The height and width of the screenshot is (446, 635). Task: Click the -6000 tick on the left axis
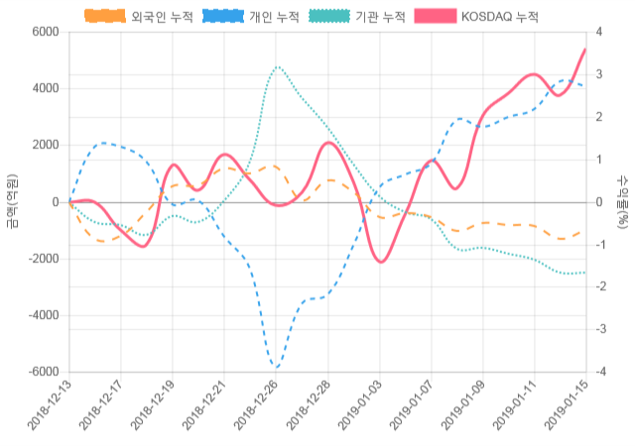pyautogui.click(x=43, y=372)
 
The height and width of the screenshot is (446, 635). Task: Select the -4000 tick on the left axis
pyautogui.click(x=43, y=315)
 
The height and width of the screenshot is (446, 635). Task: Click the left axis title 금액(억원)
pyautogui.click(x=12, y=201)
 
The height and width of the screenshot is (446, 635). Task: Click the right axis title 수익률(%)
pyautogui.click(x=622, y=201)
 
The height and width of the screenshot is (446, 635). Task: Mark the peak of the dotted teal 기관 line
pyautogui.click(x=277, y=67)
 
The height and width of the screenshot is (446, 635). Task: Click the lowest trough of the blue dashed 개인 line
pyautogui.click(x=277, y=368)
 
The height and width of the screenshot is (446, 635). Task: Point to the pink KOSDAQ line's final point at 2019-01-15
pyautogui.click(x=585, y=49)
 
